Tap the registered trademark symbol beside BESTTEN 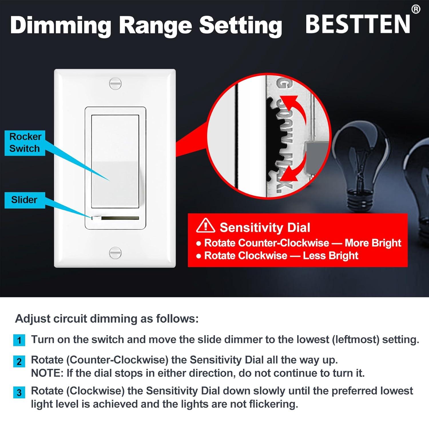[x=416, y=9]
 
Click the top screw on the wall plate [x=115, y=84]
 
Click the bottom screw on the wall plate [x=115, y=252]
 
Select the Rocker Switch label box [x=25, y=143]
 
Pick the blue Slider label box [x=25, y=200]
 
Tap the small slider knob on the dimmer [x=96, y=218]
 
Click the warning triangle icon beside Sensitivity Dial [x=206, y=226]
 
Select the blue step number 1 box [x=19, y=340]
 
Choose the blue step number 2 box [x=19, y=362]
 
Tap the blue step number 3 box [x=19, y=392]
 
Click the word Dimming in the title [x=61, y=25]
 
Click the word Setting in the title [x=241, y=25]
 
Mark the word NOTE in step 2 [x=47, y=373]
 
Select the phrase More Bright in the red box [x=373, y=243]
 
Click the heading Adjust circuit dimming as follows [x=107, y=319]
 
